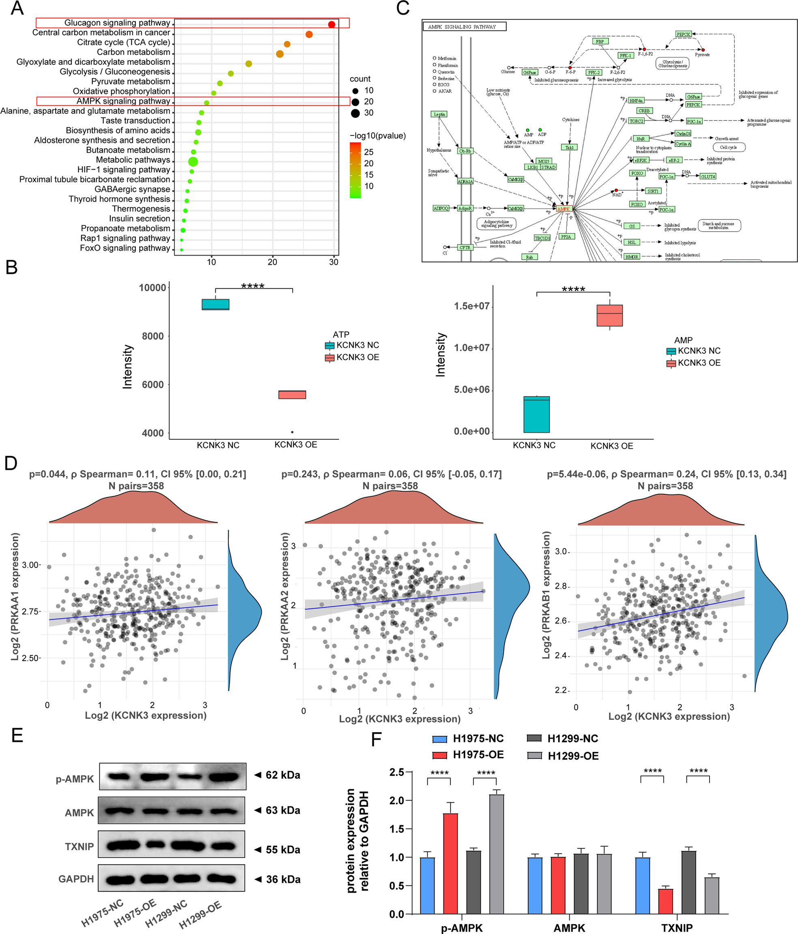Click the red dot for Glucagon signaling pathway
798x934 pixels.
pyautogui.click(x=331, y=24)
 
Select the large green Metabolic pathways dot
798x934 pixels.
pyautogui.click(x=193, y=161)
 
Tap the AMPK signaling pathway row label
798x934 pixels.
pyautogui.click(x=123, y=101)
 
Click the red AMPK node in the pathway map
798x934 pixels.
pyautogui.click(x=564, y=209)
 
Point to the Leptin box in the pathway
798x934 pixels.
pyautogui.click(x=439, y=114)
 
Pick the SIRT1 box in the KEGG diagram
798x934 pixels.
pyautogui.click(x=653, y=191)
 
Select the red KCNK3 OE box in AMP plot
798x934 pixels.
pyautogui.click(x=609, y=315)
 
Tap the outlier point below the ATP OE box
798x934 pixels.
pyautogui.click(x=293, y=432)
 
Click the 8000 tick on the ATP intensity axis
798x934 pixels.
pyautogui.click(x=153, y=336)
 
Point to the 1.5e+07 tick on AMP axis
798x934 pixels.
pyautogui.click(x=471, y=306)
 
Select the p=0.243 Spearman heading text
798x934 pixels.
pyautogui.click(x=391, y=474)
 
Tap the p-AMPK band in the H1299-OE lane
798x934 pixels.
pyautogui.click(x=224, y=777)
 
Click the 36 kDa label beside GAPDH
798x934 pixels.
pyautogui.click(x=283, y=879)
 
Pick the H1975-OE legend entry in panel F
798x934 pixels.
pyautogui.click(x=468, y=754)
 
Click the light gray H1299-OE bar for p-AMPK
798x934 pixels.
pyautogui.click(x=496, y=854)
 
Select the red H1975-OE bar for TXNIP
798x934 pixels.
pyautogui.click(x=665, y=901)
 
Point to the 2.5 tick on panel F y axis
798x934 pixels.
pyautogui.click(x=396, y=772)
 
